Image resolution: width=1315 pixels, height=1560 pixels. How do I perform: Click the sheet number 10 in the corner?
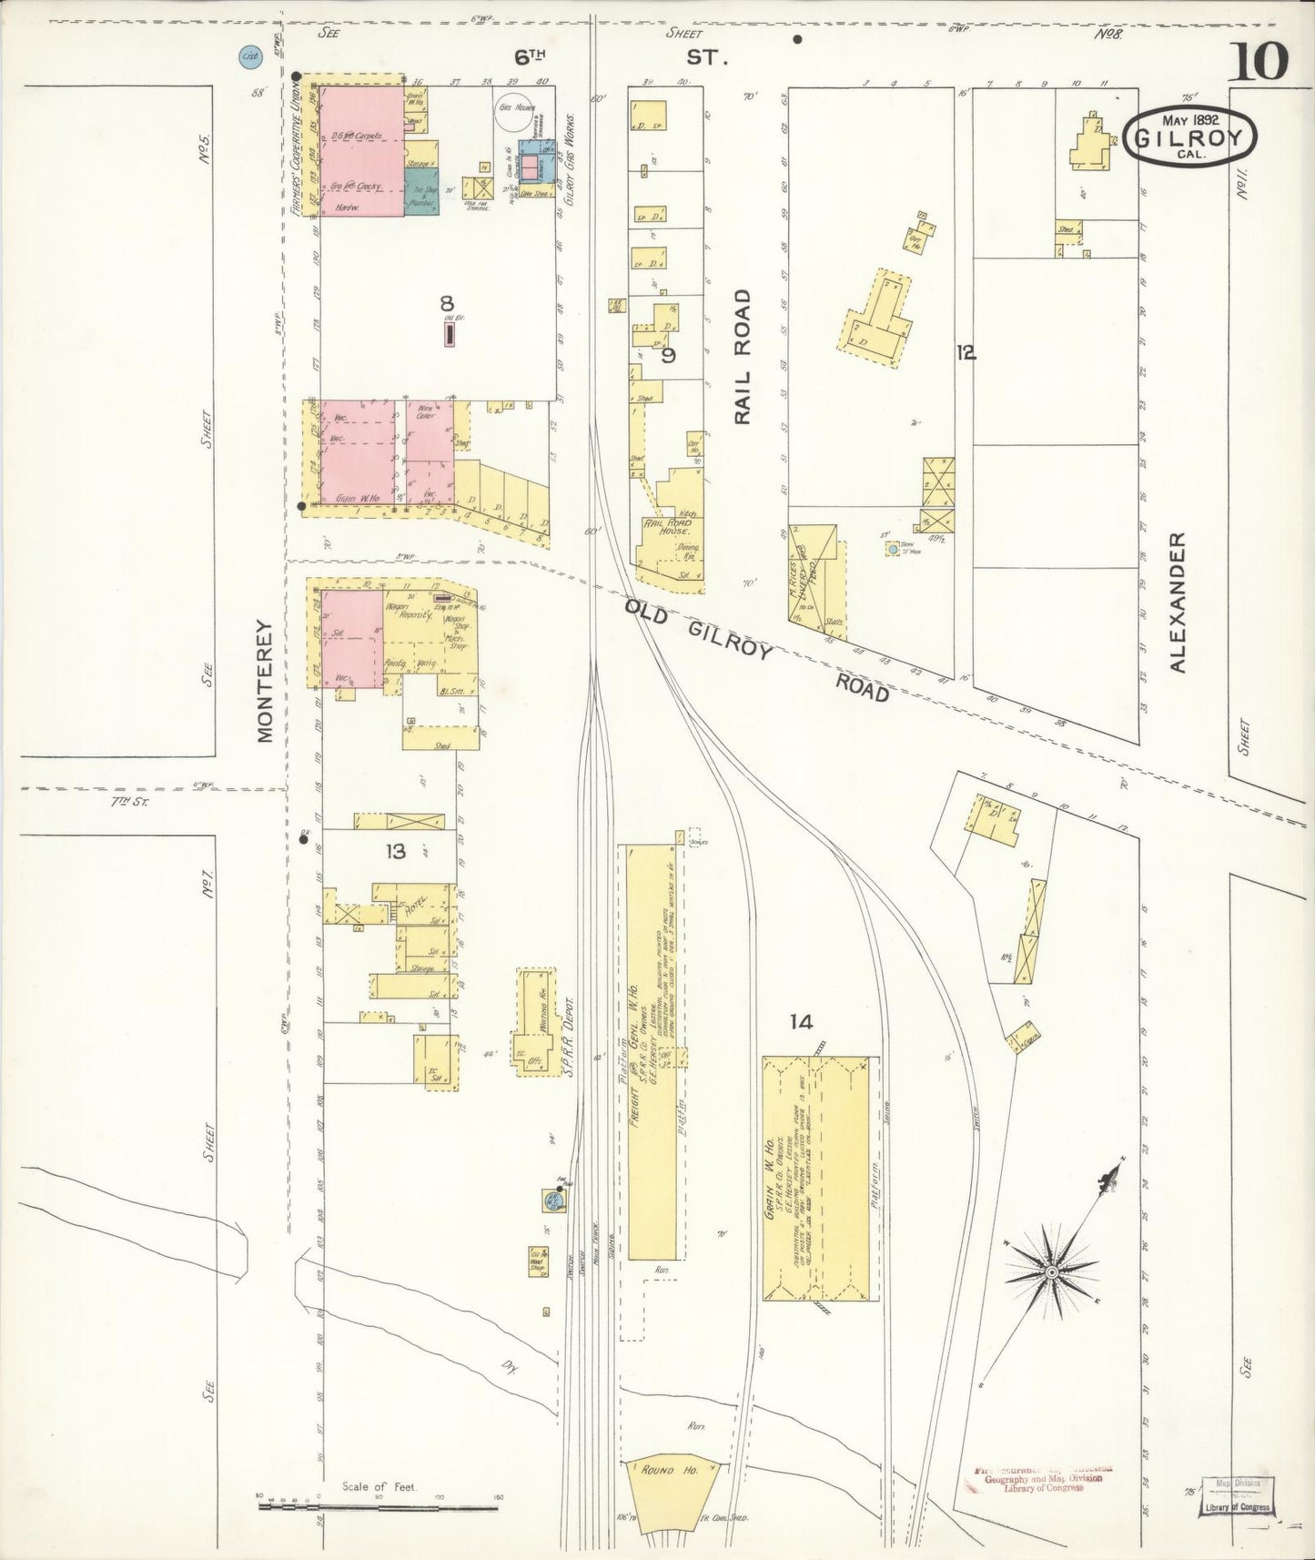(x=1260, y=61)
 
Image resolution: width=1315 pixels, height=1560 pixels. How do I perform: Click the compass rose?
(x=1052, y=1271)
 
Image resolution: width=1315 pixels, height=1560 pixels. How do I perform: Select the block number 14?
(x=800, y=1022)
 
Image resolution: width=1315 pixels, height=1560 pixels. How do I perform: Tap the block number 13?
(x=395, y=852)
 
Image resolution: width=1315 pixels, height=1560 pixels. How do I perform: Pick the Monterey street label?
(x=265, y=681)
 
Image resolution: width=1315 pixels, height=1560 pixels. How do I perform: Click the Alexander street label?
(x=1178, y=603)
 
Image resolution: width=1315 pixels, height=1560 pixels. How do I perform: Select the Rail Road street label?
(x=743, y=356)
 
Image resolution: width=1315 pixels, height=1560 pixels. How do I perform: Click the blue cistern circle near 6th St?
(x=248, y=56)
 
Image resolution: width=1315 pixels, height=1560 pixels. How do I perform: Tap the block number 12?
(x=966, y=353)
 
